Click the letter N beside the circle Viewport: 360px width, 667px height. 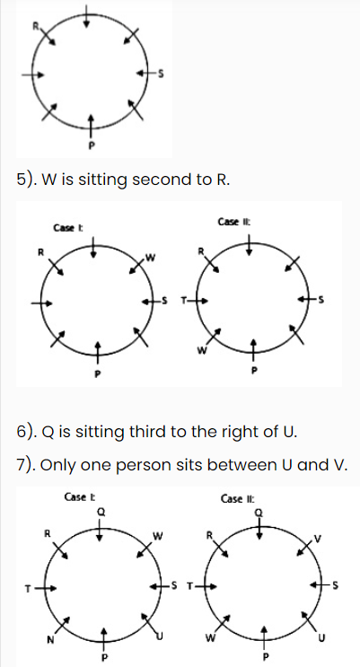point(50,639)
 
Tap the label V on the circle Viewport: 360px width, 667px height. point(317,540)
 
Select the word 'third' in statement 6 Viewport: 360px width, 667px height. point(148,432)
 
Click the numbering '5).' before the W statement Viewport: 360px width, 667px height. point(28,180)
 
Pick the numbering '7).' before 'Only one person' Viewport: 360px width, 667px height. point(28,466)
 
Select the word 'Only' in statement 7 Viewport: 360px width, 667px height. point(58,466)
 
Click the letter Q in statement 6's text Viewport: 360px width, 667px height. point(48,433)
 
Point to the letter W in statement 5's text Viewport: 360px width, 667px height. point(49,180)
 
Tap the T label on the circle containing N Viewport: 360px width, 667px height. point(28,589)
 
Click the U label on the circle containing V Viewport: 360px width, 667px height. point(321,637)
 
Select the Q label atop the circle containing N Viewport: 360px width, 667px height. point(101,513)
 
